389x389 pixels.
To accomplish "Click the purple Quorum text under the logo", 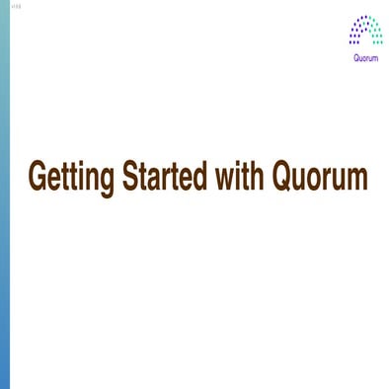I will pyautogui.click(x=365, y=56).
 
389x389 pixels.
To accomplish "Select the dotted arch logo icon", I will pyautogui.click(x=365, y=32).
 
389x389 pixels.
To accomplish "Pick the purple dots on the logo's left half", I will pyautogui.click(x=356, y=32).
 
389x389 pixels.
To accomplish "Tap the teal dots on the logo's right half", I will pyautogui.click(x=375, y=32).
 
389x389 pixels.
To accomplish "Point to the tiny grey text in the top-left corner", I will pyautogui.click(x=14, y=7).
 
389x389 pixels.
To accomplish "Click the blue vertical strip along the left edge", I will pyautogui.click(x=5, y=197).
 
